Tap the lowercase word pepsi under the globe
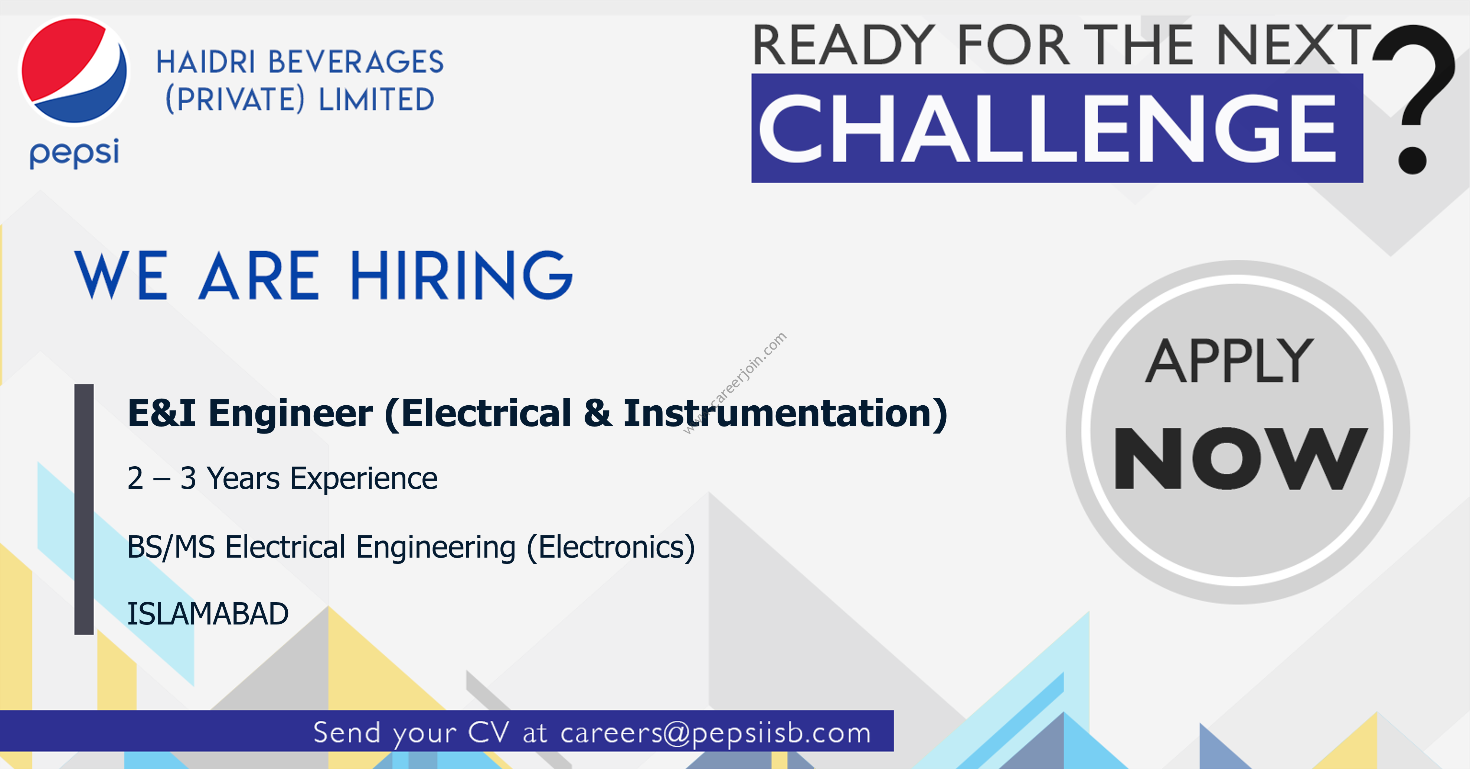pos(74,153)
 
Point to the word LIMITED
pos(377,99)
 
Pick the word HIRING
pos(461,275)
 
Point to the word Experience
pos(363,479)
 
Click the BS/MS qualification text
pos(171,547)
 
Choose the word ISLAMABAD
pos(208,614)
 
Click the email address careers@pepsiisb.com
pos(716,733)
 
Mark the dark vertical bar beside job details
pos(84,509)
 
